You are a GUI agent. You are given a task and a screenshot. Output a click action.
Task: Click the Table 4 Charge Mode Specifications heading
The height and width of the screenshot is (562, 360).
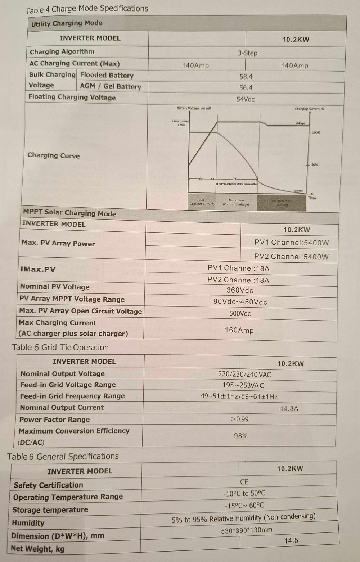(87, 9)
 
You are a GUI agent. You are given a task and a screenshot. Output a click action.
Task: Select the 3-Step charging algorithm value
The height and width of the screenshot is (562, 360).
(247, 53)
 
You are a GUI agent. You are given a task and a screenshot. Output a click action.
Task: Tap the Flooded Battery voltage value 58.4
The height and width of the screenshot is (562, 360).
(246, 77)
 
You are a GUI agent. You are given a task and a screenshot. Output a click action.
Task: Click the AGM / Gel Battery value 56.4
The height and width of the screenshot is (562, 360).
(246, 88)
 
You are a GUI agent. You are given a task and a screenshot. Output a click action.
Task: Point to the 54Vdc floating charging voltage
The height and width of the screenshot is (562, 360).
(246, 99)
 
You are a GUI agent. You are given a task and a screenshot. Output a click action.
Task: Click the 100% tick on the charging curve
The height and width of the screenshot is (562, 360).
(315, 133)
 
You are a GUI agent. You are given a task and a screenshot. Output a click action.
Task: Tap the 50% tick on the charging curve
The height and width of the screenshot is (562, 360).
(314, 165)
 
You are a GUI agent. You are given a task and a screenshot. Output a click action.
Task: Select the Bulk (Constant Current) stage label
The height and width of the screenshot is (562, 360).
(201, 202)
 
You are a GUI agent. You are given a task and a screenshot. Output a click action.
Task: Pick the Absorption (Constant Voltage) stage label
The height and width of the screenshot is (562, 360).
(236, 202)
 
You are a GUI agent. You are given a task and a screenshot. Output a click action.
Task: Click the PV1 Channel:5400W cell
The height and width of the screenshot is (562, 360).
(291, 243)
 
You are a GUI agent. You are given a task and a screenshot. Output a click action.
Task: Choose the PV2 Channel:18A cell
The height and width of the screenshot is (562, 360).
(238, 280)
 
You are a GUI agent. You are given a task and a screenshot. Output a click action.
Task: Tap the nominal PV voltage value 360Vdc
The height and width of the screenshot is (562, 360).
(240, 290)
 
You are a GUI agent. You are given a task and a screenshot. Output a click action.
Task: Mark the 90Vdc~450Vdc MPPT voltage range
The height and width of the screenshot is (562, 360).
(240, 302)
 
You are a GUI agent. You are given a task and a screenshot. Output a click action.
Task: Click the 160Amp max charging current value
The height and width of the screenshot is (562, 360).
(239, 330)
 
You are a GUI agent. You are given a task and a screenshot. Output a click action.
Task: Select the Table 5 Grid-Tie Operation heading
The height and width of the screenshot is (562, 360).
(60, 348)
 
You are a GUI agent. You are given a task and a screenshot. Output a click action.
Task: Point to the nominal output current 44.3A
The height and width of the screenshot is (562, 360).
(289, 408)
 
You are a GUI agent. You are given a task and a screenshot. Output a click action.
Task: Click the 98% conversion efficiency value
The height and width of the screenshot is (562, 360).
(240, 436)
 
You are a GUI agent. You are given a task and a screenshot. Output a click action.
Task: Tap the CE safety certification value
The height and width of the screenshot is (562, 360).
(244, 482)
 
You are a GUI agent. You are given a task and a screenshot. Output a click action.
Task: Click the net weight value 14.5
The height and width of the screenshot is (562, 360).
(291, 540)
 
